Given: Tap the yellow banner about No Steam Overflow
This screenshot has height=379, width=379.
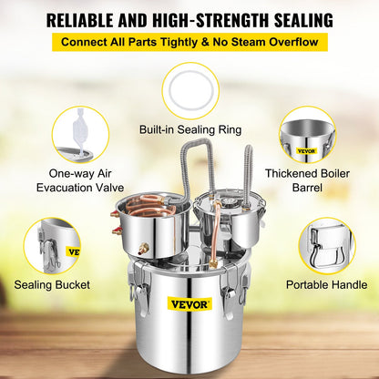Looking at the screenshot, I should pyautogui.click(x=189, y=43).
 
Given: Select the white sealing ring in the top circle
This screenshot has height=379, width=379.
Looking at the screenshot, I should pyautogui.click(x=189, y=92).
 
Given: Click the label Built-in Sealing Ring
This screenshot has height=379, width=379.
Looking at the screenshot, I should pyautogui.click(x=189, y=129).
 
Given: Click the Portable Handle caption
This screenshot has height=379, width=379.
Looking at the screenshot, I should pyautogui.click(x=326, y=285).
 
